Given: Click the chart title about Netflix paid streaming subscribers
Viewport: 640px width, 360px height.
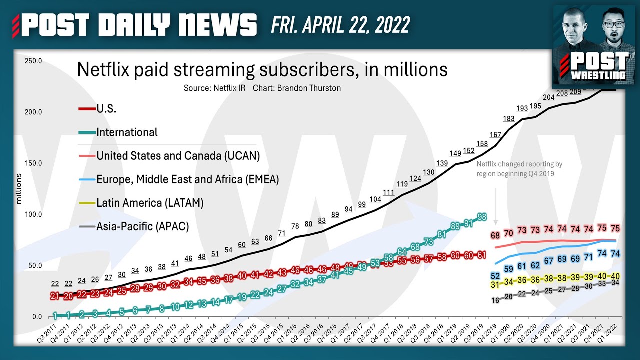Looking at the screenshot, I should pyautogui.click(x=262, y=69).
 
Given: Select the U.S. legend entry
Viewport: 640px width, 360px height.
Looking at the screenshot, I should pyautogui.click(x=106, y=109).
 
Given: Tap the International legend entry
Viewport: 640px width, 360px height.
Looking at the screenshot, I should pyautogui.click(x=127, y=132).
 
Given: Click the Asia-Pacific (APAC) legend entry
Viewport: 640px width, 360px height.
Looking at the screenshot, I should pyautogui.click(x=142, y=226).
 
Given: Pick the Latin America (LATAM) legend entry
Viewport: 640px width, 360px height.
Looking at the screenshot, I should pyautogui.click(x=150, y=203).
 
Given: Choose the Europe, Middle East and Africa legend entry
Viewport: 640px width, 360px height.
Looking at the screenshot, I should pyautogui.click(x=187, y=179).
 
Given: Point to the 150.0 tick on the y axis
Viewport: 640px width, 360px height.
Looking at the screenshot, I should pyautogui.click(x=34, y=163).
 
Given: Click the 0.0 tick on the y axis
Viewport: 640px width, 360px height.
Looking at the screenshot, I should pyautogui.click(x=37, y=317).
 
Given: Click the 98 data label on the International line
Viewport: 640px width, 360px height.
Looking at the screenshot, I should pyautogui.click(x=482, y=216).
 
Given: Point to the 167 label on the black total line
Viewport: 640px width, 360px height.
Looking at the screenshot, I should pyautogui.click(x=495, y=135).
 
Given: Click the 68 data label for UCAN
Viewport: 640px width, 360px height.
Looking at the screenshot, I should pyautogui.click(x=495, y=235).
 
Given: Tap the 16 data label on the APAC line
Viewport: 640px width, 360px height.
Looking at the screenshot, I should pyautogui.click(x=495, y=300).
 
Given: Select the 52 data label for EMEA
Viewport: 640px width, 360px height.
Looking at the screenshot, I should pyautogui.click(x=495, y=276).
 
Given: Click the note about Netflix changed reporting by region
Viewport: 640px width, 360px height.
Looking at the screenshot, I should pyautogui.click(x=519, y=168).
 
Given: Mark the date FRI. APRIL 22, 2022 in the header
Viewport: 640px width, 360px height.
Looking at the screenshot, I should pyautogui.click(x=340, y=24).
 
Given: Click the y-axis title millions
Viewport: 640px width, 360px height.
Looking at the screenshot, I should pyautogui.click(x=19, y=189).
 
